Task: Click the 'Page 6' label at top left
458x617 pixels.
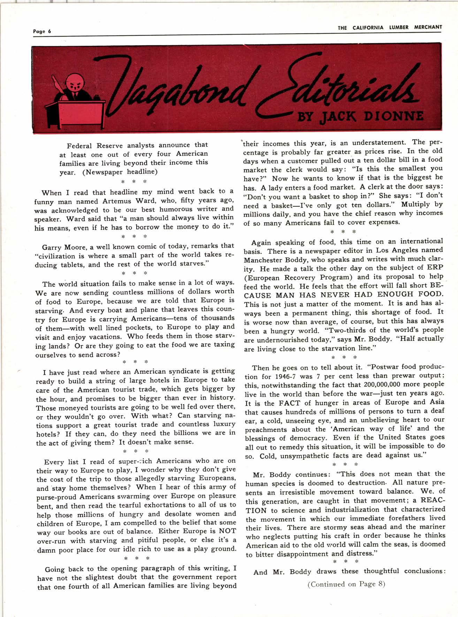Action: pos(42,31)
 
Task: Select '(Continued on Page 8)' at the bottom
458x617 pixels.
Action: pos(346,584)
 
